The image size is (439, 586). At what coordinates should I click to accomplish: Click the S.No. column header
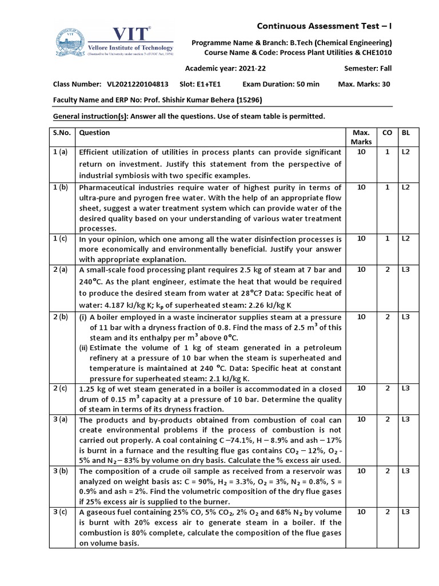tap(62, 133)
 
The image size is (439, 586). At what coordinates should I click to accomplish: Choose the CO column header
tap(387, 133)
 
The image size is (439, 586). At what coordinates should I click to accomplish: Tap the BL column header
tap(406, 133)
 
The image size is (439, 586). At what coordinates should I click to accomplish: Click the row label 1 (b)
tap(61, 187)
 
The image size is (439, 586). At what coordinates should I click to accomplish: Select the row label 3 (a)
tap(61, 419)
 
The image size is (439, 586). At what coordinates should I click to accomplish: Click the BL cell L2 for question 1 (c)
tap(406, 238)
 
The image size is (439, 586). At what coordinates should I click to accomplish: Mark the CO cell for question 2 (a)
tap(387, 270)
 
